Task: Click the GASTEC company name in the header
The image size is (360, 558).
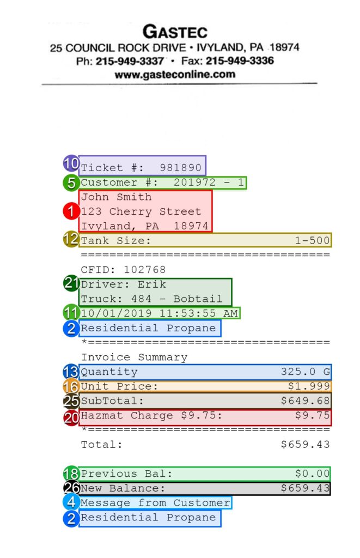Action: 175,32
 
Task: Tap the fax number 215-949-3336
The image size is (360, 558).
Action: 240,60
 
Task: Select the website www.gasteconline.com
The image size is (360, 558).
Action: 175,74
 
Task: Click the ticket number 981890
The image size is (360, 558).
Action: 180,168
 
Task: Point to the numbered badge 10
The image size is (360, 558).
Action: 71,163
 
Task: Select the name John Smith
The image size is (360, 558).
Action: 117,197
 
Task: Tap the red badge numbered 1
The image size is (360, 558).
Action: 71,211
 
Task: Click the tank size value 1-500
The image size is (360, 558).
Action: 312,240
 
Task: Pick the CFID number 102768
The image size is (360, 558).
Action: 145,269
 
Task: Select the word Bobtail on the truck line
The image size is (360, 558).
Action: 198,299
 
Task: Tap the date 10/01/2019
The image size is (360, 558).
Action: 117,313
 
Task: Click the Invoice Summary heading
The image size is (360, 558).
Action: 134,357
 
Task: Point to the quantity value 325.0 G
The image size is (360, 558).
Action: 305,372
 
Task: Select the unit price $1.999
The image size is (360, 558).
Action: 309,386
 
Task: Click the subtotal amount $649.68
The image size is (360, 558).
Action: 305,401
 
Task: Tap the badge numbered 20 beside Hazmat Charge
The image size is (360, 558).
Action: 71,417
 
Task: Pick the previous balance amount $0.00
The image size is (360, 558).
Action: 312,474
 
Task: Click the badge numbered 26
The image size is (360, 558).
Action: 71,488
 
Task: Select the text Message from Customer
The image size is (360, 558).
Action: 155,502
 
